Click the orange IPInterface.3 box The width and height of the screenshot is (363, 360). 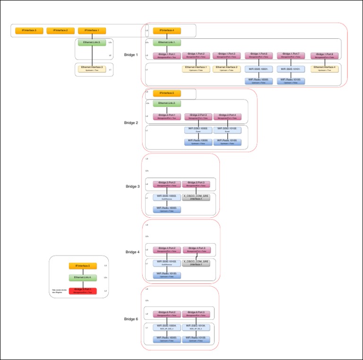coord(29,31)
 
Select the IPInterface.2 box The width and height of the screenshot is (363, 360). coord(60,31)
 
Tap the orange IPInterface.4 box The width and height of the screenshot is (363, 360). coord(167,31)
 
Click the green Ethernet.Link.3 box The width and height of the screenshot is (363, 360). coord(92,43)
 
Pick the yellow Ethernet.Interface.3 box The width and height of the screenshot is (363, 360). coord(92,69)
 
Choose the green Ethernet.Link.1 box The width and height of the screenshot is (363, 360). coord(167,43)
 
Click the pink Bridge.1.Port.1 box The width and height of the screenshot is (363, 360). coord(167,56)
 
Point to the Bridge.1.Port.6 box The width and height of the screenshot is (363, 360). coord(259,56)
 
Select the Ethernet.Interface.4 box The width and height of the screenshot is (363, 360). coord(325,69)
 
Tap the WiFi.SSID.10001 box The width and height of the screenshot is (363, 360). coord(259,69)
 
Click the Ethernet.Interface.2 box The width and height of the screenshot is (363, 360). coord(226,69)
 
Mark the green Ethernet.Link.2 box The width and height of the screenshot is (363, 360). coord(167,103)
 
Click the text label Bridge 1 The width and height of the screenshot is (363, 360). coord(131,55)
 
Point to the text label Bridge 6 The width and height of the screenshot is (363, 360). coord(131,319)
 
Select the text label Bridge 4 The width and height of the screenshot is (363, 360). coord(132,252)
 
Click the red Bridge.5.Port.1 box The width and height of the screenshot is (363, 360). coord(83,291)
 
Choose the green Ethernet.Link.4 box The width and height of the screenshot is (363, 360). coord(83,278)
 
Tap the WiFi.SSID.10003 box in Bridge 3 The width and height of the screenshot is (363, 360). coord(167,197)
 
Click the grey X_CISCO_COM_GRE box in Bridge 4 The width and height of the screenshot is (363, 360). coord(196,263)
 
